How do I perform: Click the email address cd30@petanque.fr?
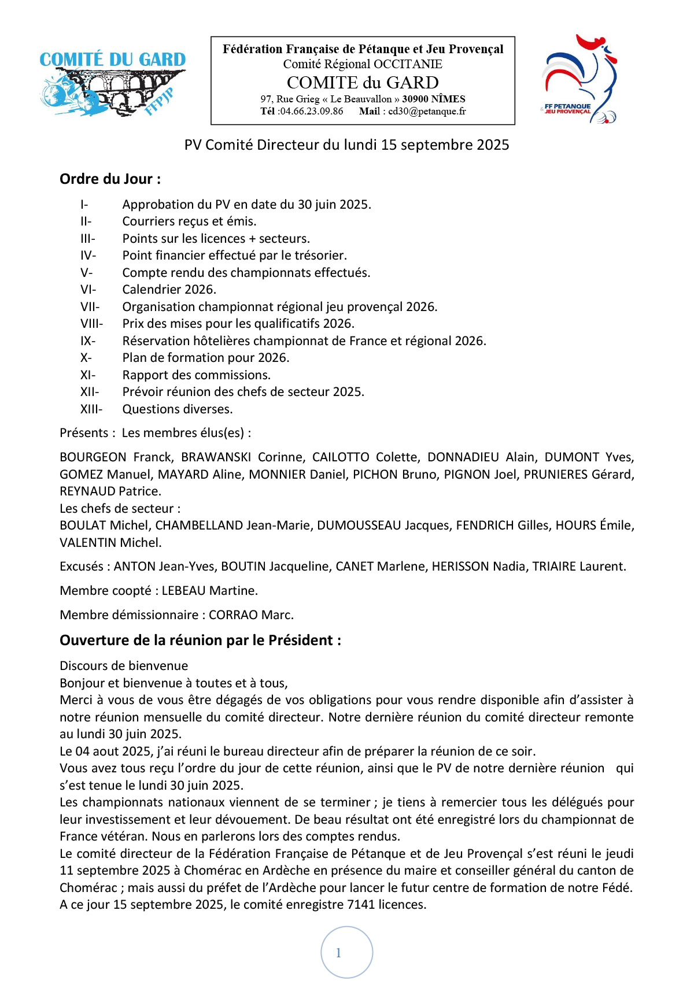pyautogui.click(x=427, y=112)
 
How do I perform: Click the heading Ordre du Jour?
pyautogui.click(x=110, y=179)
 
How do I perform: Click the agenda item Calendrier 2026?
pyautogui.click(x=169, y=290)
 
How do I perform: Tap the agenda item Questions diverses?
pyautogui.click(x=177, y=409)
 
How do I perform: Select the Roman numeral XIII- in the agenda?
pyautogui.click(x=91, y=409)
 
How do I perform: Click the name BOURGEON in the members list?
pyautogui.click(x=93, y=457)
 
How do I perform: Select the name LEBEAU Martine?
pyautogui.click(x=209, y=591)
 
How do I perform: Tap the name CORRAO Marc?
pyautogui.click(x=251, y=615)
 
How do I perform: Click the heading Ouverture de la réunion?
pyautogui.click(x=200, y=641)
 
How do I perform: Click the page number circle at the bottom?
pyautogui.click(x=346, y=952)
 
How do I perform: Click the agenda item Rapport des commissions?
pyautogui.click(x=196, y=375)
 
